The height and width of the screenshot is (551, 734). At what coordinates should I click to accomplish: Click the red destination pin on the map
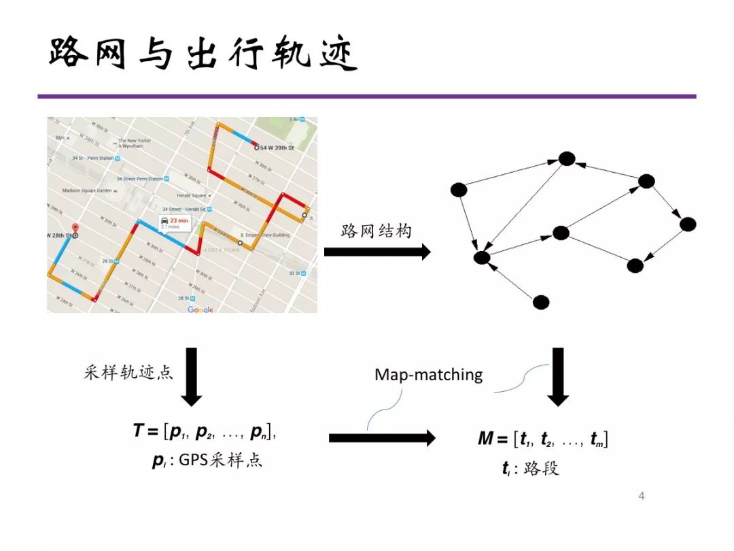[x=75, y=229]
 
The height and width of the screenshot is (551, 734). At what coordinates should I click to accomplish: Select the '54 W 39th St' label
[x=277, y=147]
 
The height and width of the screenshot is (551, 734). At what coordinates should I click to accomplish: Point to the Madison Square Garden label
[x=87, y=191]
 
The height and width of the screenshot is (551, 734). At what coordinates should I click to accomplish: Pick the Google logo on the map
[x=200, y=310]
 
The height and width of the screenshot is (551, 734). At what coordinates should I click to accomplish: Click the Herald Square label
[x=192, y=196]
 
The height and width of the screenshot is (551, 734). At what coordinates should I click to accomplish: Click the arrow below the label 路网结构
[x=377, y=252]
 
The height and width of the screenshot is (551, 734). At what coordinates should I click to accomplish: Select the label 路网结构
[x=376, y=231]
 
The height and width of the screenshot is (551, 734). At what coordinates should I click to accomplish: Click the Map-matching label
[x=428, y=375]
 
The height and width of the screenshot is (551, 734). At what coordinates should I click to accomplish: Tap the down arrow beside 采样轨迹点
[x=192, y=376]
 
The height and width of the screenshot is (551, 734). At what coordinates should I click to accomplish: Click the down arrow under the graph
[x=558, y=376]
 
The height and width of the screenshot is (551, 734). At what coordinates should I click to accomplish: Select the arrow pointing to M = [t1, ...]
[x=382, y=438]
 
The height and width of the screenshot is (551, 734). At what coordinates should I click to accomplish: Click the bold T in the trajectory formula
[x=138, y=431]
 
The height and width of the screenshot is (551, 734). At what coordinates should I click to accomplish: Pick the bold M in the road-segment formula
[x=485, y=439]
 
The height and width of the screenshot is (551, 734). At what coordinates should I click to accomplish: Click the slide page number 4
[x=642, y=495]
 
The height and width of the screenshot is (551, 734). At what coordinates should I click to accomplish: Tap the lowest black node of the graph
[x=541, y=302]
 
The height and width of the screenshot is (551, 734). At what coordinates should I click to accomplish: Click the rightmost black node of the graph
[x=688, y=224]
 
